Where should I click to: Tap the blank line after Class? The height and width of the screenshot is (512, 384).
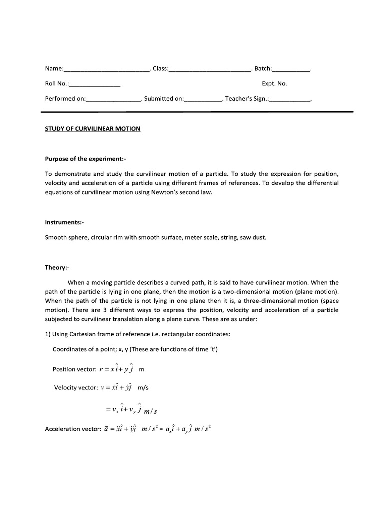210,70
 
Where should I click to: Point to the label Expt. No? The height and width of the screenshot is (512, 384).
274,84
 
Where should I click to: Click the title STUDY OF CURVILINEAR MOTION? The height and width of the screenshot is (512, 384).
93,129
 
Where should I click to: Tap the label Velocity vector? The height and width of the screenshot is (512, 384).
76,388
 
